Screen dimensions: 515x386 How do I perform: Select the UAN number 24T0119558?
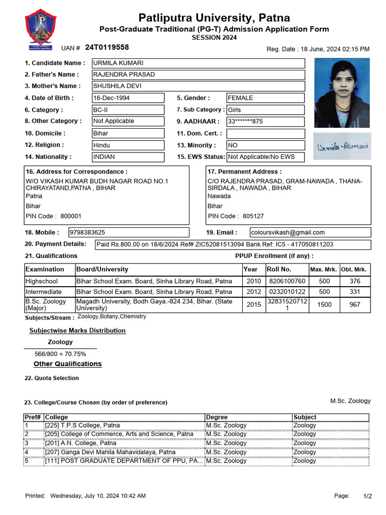[x=107, y=47]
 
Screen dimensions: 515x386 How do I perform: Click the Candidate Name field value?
[x=198, y=63]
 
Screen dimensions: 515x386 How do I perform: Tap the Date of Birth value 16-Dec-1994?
[x=128, y=98]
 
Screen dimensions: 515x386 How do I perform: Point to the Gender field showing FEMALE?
[x=265, y=98]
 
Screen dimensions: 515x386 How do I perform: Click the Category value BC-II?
[x=128, y=110]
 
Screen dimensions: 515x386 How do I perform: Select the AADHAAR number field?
[x=265, y=121]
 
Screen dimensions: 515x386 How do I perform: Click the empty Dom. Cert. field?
[x=265, y=134]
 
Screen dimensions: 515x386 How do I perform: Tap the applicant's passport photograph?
[x=342, y=93]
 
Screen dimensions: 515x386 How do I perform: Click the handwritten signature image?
[x=342, y=146]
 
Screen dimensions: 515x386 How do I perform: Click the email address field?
[x=310, y=232]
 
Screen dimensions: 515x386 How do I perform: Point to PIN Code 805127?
[x=236, y=216]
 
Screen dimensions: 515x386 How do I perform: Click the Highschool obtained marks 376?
[x=355, y=282]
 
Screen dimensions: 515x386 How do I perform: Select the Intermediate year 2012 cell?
[x=253, y=292]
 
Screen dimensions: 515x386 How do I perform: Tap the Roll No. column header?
[x=278, y=270]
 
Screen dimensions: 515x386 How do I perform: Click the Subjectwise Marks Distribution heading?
[x=77, y=330]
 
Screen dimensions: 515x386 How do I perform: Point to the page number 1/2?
[x=367, y=496]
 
